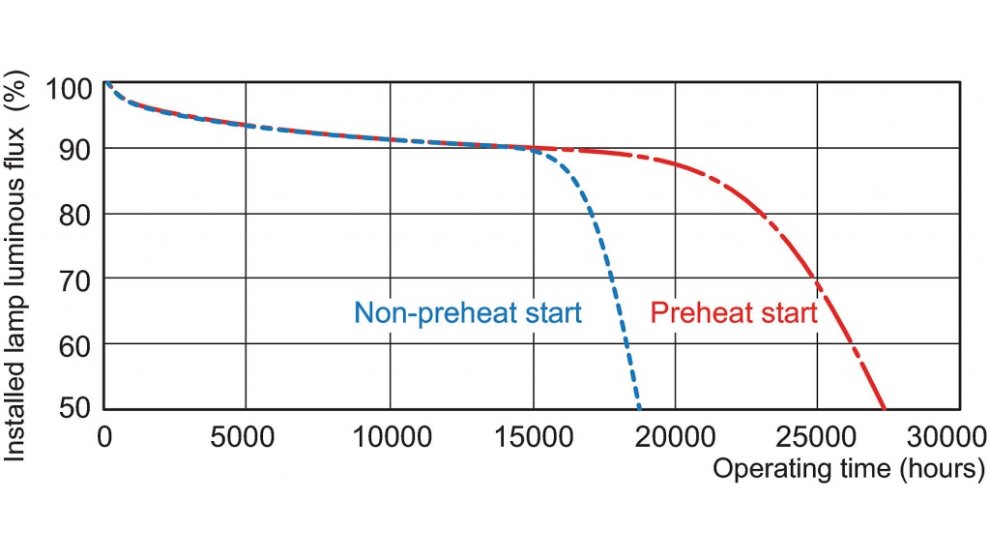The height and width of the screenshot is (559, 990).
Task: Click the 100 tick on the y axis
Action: click(x=70, y=90)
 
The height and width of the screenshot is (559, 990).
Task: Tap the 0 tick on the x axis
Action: click(x=104, y=436)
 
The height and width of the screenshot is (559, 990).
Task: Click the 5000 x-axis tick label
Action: click(x=246, y=436)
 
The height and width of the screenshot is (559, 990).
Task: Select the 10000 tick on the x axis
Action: click(x=390, y=436)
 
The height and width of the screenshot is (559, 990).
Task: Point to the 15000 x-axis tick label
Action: click(x=532, y=436)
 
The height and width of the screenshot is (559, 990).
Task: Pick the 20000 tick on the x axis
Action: click(x=675, y=436)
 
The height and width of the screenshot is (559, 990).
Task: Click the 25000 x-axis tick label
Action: click(x=818, y=436)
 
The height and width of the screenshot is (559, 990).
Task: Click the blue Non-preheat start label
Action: click(x=468, y=313)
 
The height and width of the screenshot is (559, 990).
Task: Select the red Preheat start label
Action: click(x=734, y=313)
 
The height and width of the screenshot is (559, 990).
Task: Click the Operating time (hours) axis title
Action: click(x=848, y=469)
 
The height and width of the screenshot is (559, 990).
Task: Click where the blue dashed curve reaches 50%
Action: click(x=639, y=407)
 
